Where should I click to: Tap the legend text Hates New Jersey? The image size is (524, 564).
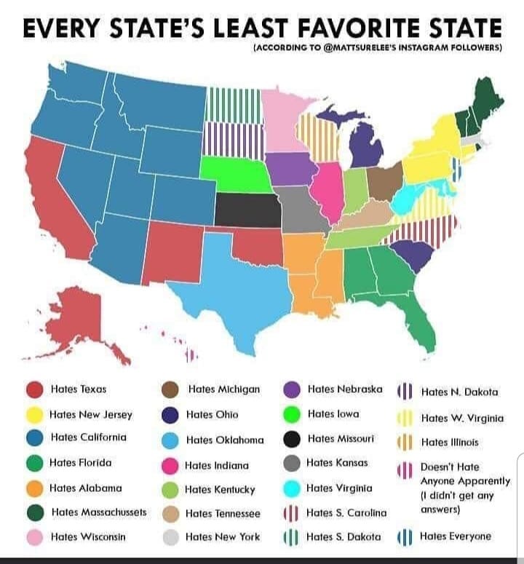[x=91, y=414]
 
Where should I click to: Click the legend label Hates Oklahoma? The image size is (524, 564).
[x=224, y=440]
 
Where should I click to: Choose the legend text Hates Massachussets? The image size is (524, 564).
[x=99, y=512]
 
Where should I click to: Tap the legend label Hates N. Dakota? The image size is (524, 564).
[x=459, y=392]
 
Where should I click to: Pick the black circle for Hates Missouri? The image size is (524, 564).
[x=291, y=439]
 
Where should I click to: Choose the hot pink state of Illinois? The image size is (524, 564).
[x=328, y=193]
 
